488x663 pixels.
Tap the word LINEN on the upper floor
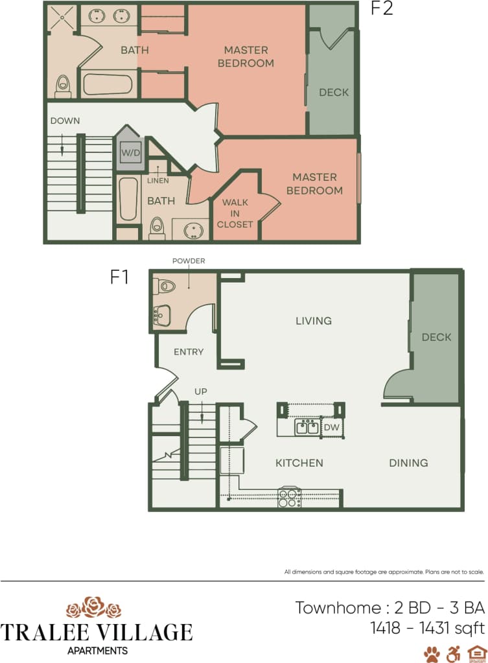tap(158, 181)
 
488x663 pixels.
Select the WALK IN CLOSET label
tap(235, 213)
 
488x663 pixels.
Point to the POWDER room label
tap(189, 261)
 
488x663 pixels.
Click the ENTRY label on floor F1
tap(189, 352)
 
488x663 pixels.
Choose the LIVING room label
tap(314, 321)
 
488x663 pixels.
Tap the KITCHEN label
tap(299, 463)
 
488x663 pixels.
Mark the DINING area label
tap(408, 463)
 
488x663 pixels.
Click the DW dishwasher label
tap(331, 427)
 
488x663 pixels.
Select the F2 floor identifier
tap(382, 10)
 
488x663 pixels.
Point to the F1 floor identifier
tap(119, 277)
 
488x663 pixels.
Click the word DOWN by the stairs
tap(65, 121)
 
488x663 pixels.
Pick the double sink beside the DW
tap(306, 427)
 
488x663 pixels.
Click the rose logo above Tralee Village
tap(95, 607)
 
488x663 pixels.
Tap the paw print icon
tap(432, 653)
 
